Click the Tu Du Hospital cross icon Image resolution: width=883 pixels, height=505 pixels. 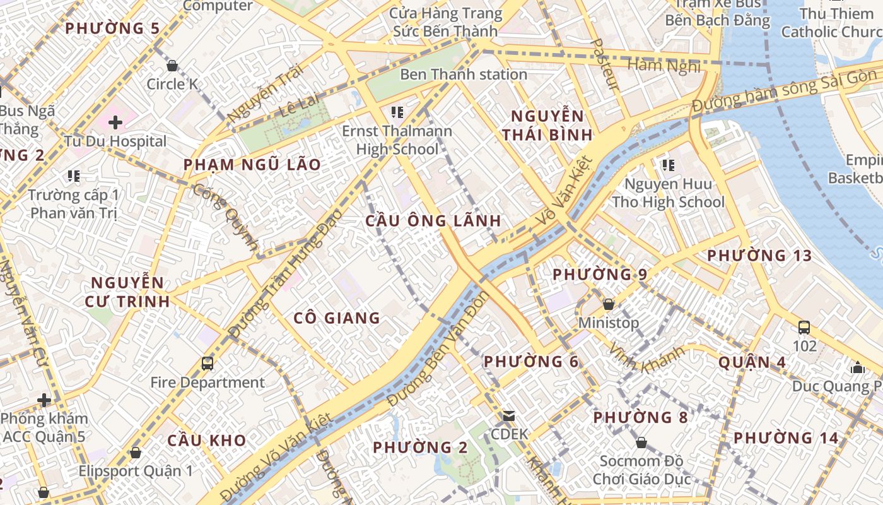coord(115,122)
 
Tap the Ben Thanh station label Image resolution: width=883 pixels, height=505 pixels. coord(464,74)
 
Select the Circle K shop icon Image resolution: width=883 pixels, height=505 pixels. coord(172,66)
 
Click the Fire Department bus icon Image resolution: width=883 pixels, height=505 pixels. coord(207,363)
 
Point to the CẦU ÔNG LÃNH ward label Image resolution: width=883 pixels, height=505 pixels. coord(433,221)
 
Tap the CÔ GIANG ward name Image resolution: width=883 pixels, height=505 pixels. coord(337,318)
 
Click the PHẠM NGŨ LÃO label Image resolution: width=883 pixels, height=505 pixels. coord(252,165)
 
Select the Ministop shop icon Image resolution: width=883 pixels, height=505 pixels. coord(609,304)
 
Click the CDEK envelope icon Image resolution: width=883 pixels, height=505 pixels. coord(508,416)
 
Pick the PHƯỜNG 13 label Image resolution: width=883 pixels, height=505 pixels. coord(759,256)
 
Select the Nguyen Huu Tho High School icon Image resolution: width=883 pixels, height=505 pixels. coord(668,165)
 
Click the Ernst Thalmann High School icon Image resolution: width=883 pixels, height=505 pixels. coord(397,113)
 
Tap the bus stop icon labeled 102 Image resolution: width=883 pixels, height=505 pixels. coord(804,328)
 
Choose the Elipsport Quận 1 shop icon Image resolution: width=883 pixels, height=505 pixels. coord(135,453)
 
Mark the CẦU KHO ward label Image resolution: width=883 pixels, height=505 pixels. coord(206,441)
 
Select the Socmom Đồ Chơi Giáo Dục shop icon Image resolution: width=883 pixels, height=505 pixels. coord(641,443)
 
